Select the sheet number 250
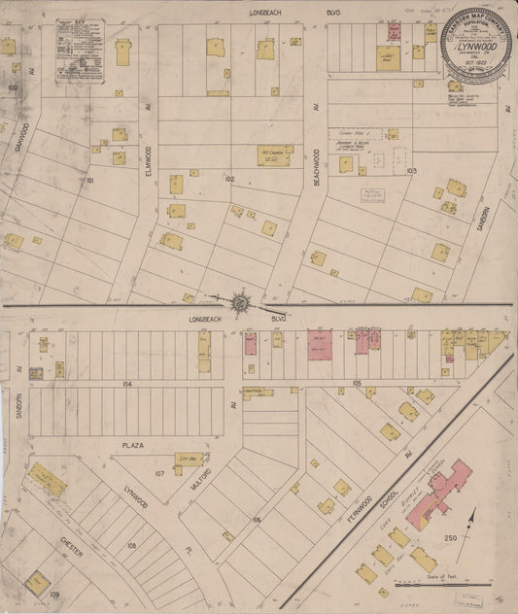click(451, 538)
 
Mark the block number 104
click(127, 385)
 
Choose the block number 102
click(229, 179)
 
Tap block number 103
click(412, 170)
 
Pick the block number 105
click(358, 385)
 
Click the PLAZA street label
click(132, 445)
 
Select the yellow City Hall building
click(189, 459)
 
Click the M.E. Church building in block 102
click(273, 154)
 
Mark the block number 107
click(159, 474)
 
